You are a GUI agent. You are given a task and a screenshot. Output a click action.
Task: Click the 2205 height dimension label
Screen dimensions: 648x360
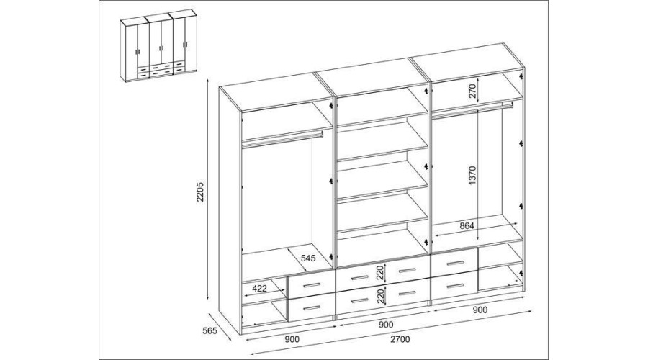[x=200, y=192]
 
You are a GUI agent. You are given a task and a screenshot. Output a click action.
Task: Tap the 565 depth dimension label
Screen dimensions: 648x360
[x=210, y=331]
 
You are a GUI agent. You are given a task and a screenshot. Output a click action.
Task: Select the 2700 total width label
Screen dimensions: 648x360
[x=400, y=339]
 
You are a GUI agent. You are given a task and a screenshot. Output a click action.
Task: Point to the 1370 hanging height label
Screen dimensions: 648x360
[x=473, y=175]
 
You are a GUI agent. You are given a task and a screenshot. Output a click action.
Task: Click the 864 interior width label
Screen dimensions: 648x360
[x=467, y=226]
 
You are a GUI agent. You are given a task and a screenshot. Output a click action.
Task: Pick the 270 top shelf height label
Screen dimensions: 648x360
[x=473, y=90]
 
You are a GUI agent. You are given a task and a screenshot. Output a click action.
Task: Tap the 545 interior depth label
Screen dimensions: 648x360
[x=308, y=258]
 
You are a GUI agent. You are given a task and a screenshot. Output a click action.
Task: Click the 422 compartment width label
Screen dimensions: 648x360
[x=261, y=288]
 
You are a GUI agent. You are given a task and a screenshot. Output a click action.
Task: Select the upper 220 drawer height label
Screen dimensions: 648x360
[x=381, y=273]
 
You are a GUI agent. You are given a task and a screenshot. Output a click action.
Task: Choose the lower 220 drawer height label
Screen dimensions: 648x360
[x=381, y=296]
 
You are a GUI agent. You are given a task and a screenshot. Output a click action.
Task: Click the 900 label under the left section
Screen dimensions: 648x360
[x=292, y=340]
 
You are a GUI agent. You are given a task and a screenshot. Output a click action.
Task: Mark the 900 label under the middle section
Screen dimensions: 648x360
[x=386, y=325]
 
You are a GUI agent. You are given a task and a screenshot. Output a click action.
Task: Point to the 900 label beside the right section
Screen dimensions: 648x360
[x=480, y=310]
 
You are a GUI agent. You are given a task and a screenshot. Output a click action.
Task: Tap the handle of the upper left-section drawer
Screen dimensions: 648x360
[x=312, y=286]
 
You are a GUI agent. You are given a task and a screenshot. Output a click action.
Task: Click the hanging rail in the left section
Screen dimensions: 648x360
[x=282, y=138]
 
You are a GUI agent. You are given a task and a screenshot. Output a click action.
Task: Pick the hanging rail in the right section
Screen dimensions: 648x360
[x=473, y=109]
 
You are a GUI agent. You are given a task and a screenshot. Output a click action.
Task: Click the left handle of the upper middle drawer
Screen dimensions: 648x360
[x=359, y=277]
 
